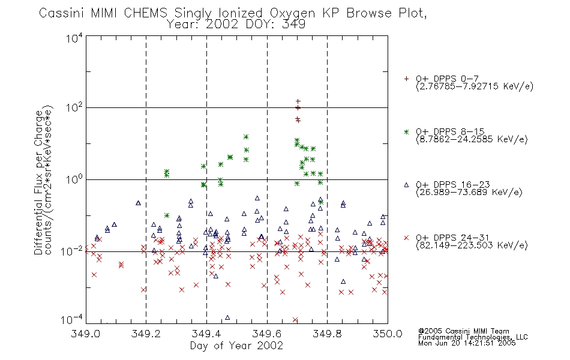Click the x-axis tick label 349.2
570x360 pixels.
pos(146,334)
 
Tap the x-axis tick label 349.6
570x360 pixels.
pos(267,334)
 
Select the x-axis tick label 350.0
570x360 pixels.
pos(388,334)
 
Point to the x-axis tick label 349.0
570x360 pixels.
pos(86,334)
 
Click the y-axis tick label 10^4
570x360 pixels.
pos(74,38)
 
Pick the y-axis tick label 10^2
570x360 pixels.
pos(74,108)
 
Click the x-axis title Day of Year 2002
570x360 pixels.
pos(236,346)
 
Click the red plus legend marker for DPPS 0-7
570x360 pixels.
pos(406,79)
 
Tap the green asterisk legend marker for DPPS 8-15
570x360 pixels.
pos(406,131)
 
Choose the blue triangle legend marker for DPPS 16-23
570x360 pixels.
pos(406,185)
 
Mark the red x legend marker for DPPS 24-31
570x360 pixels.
pos(406,238)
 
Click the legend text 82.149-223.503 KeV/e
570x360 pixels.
pos(472,245)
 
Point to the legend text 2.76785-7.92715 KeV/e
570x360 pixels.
pos(475,86)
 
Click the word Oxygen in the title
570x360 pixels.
pos(293,13)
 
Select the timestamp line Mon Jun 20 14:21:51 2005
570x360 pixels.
pos(467,343)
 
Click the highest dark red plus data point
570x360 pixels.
pos(298,101)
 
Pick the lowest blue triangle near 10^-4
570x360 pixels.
pos(227,317)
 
